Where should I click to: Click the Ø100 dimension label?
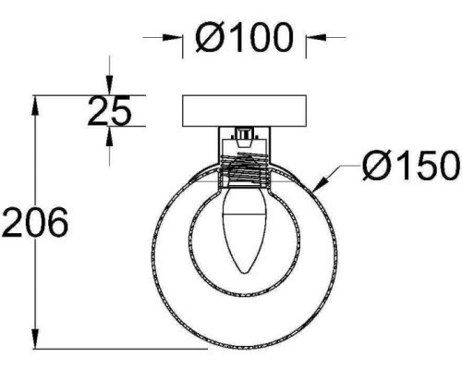click(x=243, y=37)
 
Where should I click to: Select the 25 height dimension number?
click(x=109, y=110)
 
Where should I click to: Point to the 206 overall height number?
click(x=34, y=222)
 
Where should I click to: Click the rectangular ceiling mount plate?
click(x=244, y=111)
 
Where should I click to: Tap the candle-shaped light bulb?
click(x=245, y=229)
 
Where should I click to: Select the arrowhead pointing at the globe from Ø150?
click(x=321, y=183)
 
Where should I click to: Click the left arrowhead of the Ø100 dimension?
click(x=173, y=37)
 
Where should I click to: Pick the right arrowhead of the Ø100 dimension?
click(x=316, y=37)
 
